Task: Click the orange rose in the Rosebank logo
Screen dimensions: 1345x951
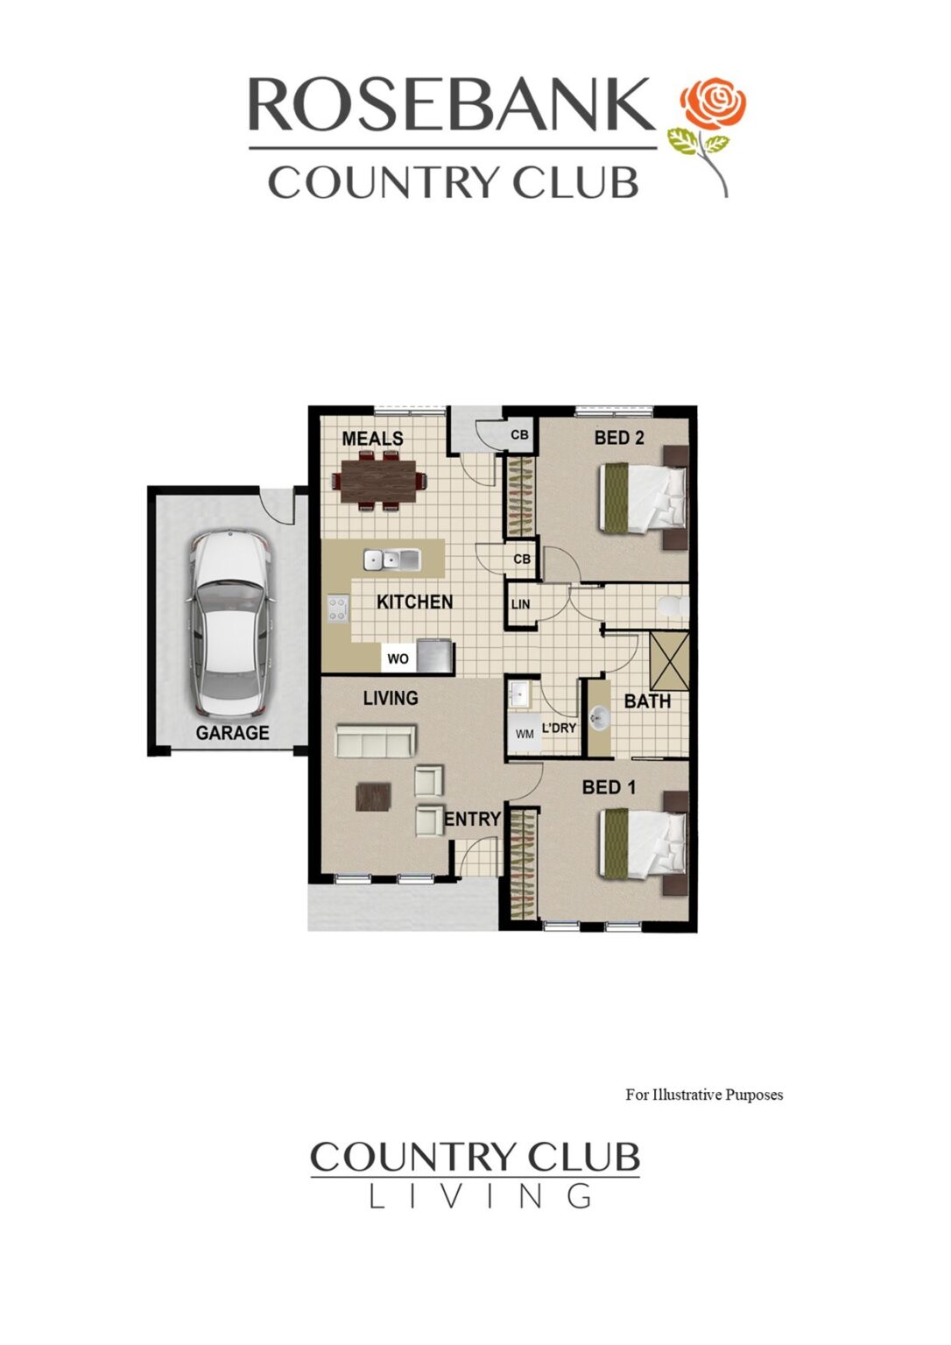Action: [714, 102]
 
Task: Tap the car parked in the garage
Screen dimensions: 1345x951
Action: [229, 623]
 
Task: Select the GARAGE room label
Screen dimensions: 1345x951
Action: [232, 733]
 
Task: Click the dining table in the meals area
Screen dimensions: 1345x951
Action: [378, 481]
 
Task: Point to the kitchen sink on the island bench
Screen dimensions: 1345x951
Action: [391, 558]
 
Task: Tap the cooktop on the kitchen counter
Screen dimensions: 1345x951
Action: [338, 609]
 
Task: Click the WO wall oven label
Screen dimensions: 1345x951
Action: [398, 658]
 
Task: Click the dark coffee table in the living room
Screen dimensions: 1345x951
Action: [373, 796]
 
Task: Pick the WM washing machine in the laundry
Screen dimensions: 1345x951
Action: [525, 734]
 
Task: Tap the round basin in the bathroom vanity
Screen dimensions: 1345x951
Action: [599, 718]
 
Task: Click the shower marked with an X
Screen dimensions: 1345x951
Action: [670, 660]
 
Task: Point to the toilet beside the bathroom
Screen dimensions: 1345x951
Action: [673, 606]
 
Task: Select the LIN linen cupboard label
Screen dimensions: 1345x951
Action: [520, 604]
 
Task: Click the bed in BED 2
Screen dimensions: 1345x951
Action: [644, 496]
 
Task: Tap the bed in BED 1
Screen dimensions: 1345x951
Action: [644, 842]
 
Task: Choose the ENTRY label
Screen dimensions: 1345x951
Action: [473, 819]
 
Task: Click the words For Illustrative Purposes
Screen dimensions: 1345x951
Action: [704, 1095]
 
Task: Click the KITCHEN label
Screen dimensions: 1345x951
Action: [414, 602]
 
